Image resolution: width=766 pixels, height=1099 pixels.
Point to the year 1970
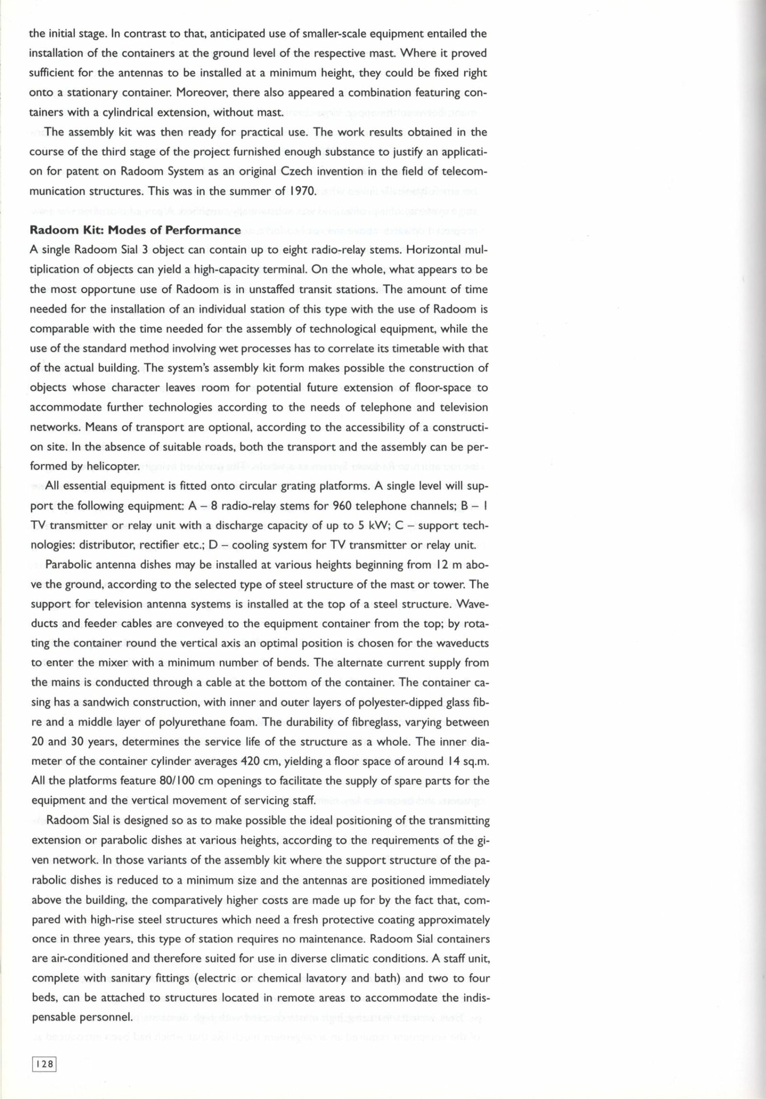(301, 192)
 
